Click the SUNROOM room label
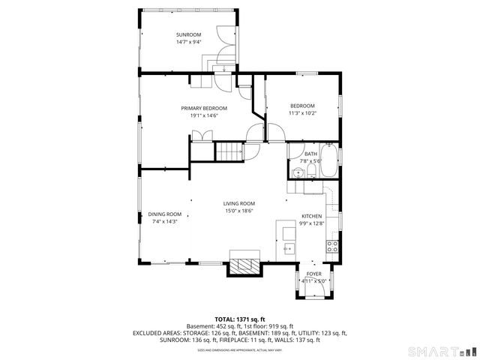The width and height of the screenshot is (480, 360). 189,35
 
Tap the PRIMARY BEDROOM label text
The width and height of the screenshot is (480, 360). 203,108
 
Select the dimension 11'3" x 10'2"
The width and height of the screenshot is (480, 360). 302,113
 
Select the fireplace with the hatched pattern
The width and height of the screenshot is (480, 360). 244,265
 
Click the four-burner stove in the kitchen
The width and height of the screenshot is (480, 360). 331,245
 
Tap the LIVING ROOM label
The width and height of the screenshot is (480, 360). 239,204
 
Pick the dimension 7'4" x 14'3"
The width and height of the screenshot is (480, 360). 164,221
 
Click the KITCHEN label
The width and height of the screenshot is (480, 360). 311,216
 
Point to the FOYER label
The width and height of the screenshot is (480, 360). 313,275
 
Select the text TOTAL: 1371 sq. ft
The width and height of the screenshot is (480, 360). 240,319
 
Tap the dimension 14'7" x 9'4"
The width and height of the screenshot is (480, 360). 189,43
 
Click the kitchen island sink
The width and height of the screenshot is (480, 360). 287,245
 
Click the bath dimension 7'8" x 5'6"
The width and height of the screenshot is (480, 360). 310,160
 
